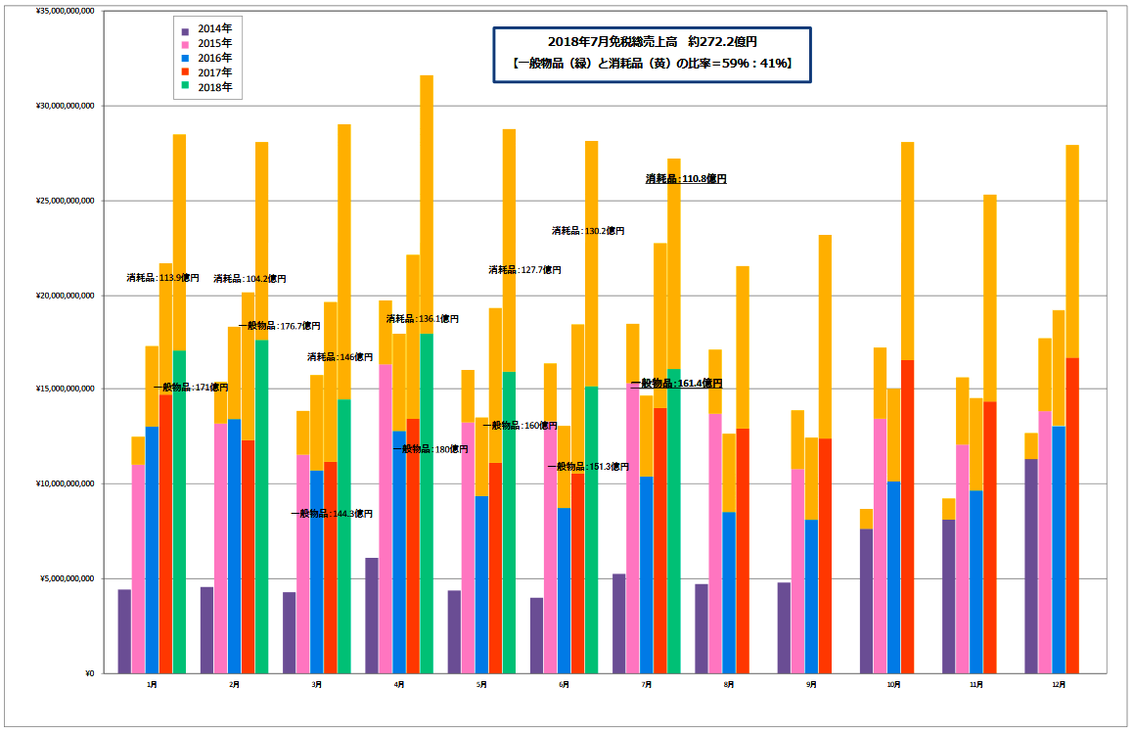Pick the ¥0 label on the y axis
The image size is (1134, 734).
87,673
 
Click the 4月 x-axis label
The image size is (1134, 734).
399,685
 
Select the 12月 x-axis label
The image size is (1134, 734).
1059,685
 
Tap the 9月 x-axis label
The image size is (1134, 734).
811,685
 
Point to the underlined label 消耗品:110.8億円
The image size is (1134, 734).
686,179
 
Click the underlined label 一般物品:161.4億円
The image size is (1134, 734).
676,383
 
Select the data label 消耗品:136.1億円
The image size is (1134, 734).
422,319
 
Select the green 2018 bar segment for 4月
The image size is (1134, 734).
427,503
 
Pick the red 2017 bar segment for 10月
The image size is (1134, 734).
908,516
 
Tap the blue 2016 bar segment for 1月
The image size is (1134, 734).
152,549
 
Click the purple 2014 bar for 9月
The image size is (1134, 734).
784,627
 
